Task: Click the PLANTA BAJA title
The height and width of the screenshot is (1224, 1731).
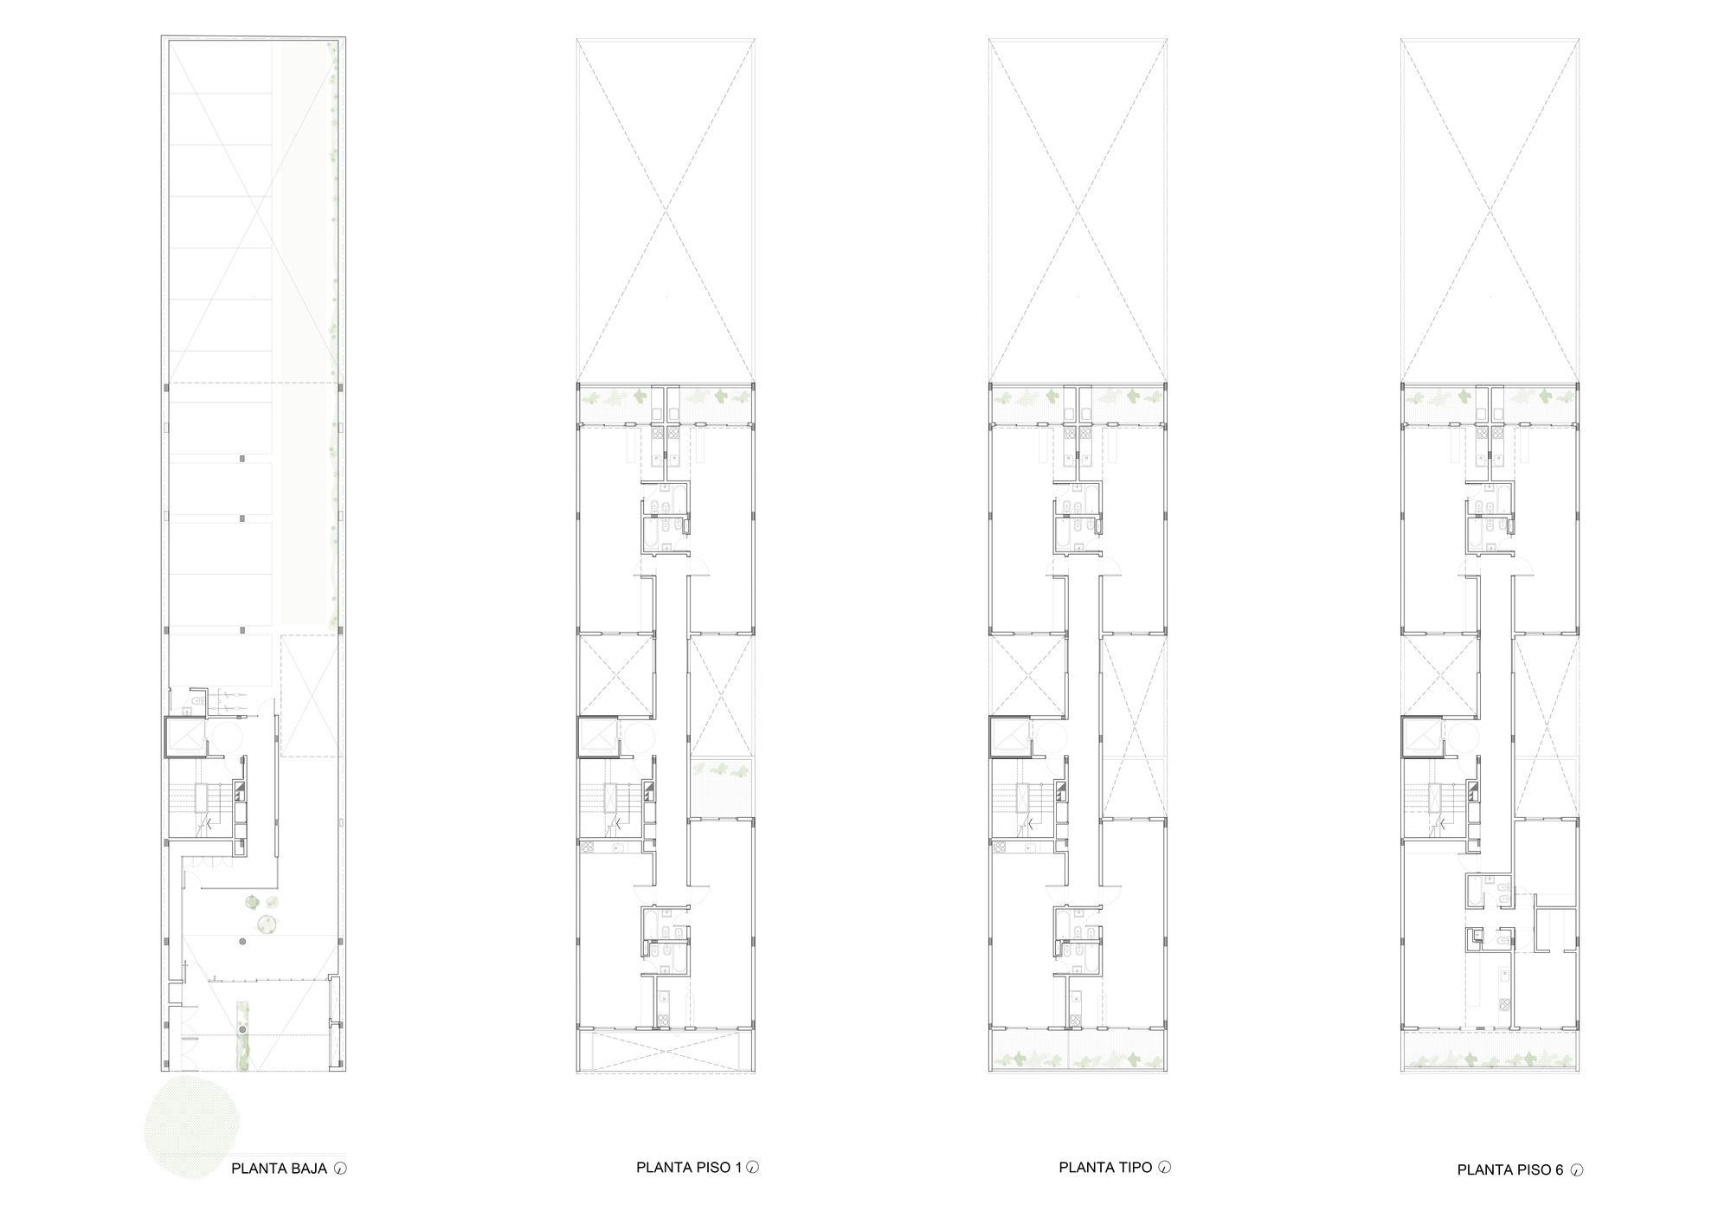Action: (279, 1169)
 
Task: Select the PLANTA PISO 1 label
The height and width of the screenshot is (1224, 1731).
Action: (689, 1167)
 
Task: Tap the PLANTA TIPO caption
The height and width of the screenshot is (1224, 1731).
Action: (1105, 1167)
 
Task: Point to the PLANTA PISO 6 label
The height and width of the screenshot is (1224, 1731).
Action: (1510, 1170)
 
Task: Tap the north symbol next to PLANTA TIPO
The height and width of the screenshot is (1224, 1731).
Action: (1165, 1167)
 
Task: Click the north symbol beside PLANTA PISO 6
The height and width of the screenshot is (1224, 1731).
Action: (1576, 1170)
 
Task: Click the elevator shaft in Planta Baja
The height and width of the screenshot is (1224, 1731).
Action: (183, 737)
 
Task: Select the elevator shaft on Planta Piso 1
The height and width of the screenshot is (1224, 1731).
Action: (596, 737)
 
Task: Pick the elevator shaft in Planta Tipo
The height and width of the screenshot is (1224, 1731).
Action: (1008, 737)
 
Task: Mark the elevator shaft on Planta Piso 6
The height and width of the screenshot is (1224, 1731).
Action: (1420, 737)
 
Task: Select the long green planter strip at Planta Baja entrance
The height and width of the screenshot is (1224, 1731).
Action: (243, 1034)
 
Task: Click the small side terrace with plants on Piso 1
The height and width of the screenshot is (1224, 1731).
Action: (722, 788)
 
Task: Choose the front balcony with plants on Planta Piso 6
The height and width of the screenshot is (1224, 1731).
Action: (1490, 1053)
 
